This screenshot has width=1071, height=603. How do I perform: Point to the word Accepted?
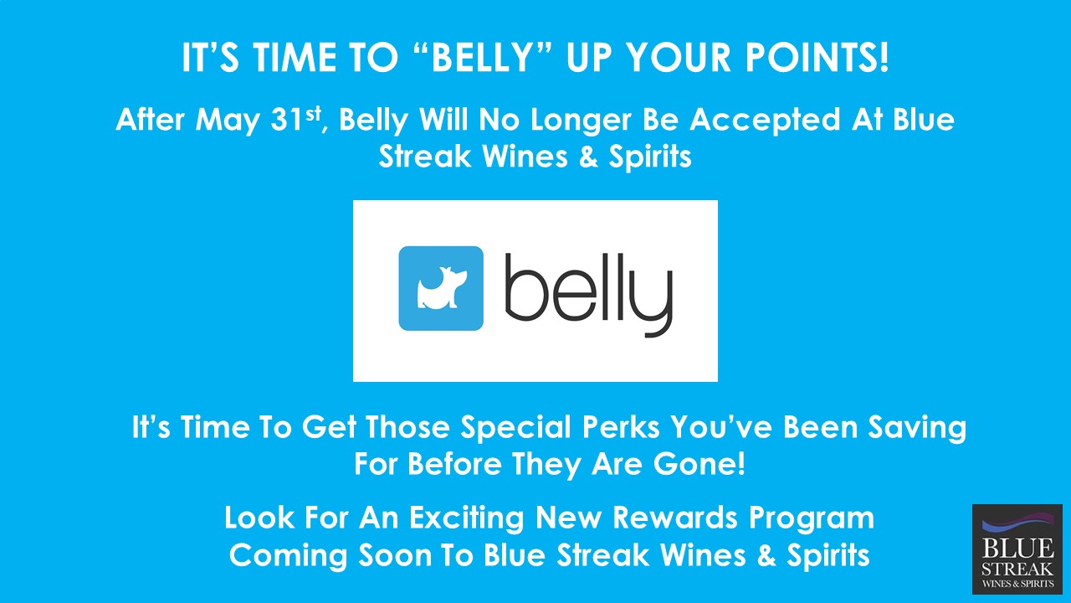pyautogui.click(x=765, y=120)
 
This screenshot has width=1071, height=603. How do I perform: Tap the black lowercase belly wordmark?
pyautogui.click(x=589, y=295)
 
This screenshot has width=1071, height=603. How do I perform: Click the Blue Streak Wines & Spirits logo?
pyautogui.click(x=1017, y=549)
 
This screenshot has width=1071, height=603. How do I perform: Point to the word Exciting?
pyautogui.click(x=467, y=518)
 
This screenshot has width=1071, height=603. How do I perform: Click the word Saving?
pyautogui.click(x=917, y=428)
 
